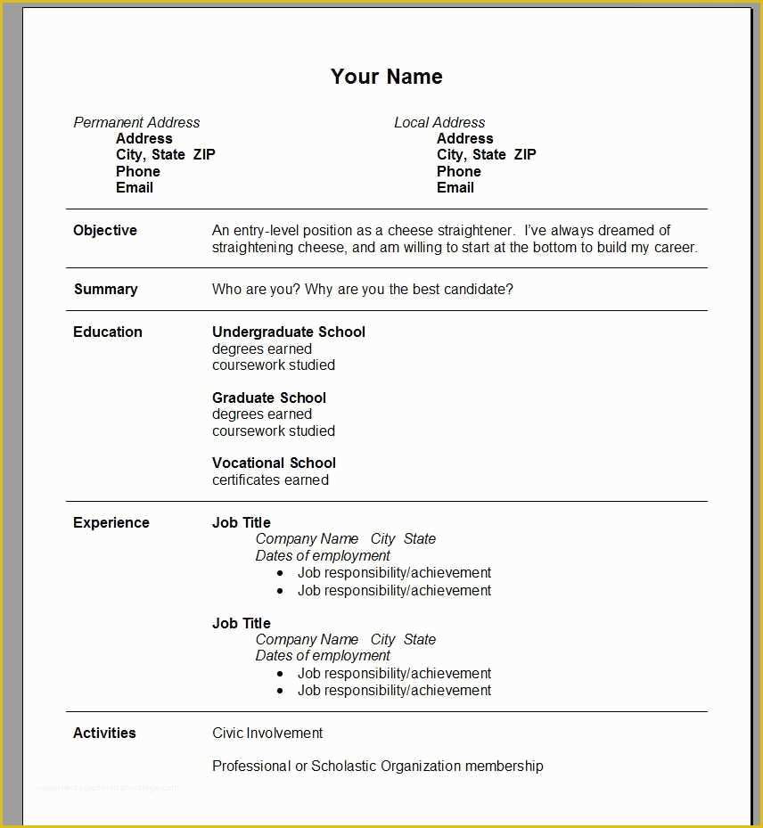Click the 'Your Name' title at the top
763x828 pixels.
386,77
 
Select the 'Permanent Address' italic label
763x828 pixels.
136,122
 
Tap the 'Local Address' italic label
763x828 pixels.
439,122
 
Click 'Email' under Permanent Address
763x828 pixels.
135,187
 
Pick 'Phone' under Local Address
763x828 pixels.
459,171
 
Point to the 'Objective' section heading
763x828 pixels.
105,230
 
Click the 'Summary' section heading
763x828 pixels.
105,289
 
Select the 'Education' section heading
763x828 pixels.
108,332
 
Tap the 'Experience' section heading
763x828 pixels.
111,522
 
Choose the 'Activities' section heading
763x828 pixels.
104,733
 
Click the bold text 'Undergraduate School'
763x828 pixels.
289,332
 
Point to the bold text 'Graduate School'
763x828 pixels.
269,398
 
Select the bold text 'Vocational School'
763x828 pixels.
274,463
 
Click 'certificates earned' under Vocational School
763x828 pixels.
270,480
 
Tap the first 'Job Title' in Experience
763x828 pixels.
242,522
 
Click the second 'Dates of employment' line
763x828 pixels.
323,655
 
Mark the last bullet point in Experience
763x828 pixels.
394,690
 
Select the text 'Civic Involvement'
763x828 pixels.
267,733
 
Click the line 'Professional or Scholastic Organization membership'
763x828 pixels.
378,766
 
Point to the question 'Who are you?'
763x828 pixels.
256,289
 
